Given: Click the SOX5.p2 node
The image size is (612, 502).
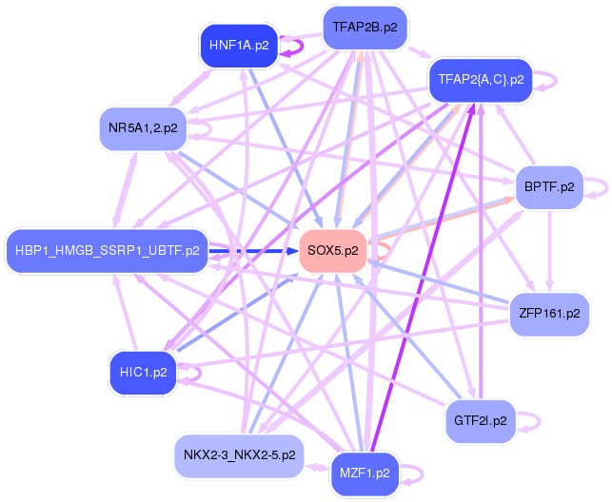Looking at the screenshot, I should [334, 251].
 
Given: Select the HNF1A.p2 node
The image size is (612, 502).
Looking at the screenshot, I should [239, 45].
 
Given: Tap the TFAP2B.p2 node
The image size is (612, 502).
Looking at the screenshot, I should [365, 28].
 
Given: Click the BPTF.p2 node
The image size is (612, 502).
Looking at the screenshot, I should [549, 186].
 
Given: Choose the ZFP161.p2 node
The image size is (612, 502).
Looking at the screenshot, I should [549, 312].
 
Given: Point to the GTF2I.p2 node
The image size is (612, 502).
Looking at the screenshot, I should [481, 419].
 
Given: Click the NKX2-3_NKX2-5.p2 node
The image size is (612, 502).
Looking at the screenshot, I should [239, 455].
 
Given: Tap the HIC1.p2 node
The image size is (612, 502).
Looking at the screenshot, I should [144, 372].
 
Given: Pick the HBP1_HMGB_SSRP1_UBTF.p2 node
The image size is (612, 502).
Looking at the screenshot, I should [108, 251].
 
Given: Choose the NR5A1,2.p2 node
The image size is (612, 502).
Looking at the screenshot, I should [144, 126].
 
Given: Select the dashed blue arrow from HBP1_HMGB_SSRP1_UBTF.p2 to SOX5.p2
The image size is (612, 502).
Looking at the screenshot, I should [252, 251].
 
